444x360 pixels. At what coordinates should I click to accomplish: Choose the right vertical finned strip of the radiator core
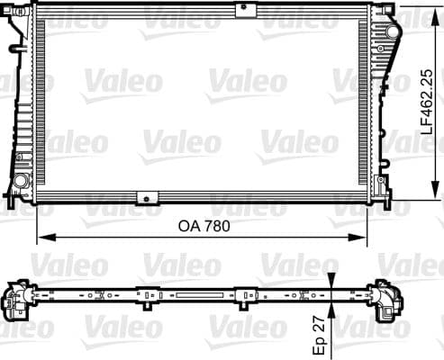tap(364, 104)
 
